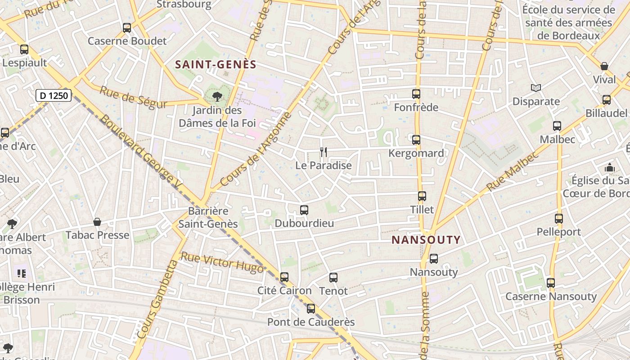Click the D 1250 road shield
(54, 95)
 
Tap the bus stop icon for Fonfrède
(416, 94)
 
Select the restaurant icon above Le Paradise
(324, 152)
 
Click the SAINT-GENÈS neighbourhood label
(216, 64)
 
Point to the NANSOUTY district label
(426, 239)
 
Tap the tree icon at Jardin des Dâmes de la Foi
(217, 96)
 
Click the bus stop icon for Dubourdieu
(304, 210)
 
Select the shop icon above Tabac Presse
(97, 222)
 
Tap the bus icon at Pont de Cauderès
(311, 309)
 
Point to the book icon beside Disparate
(535, 88)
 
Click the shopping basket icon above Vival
(604, 66)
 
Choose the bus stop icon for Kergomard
(416, 139)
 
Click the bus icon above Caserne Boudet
(127, 28)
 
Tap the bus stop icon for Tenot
(333, 278)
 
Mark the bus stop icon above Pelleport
(559, 219)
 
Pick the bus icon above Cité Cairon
(284, 277)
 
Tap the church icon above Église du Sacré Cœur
(610, 167)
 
